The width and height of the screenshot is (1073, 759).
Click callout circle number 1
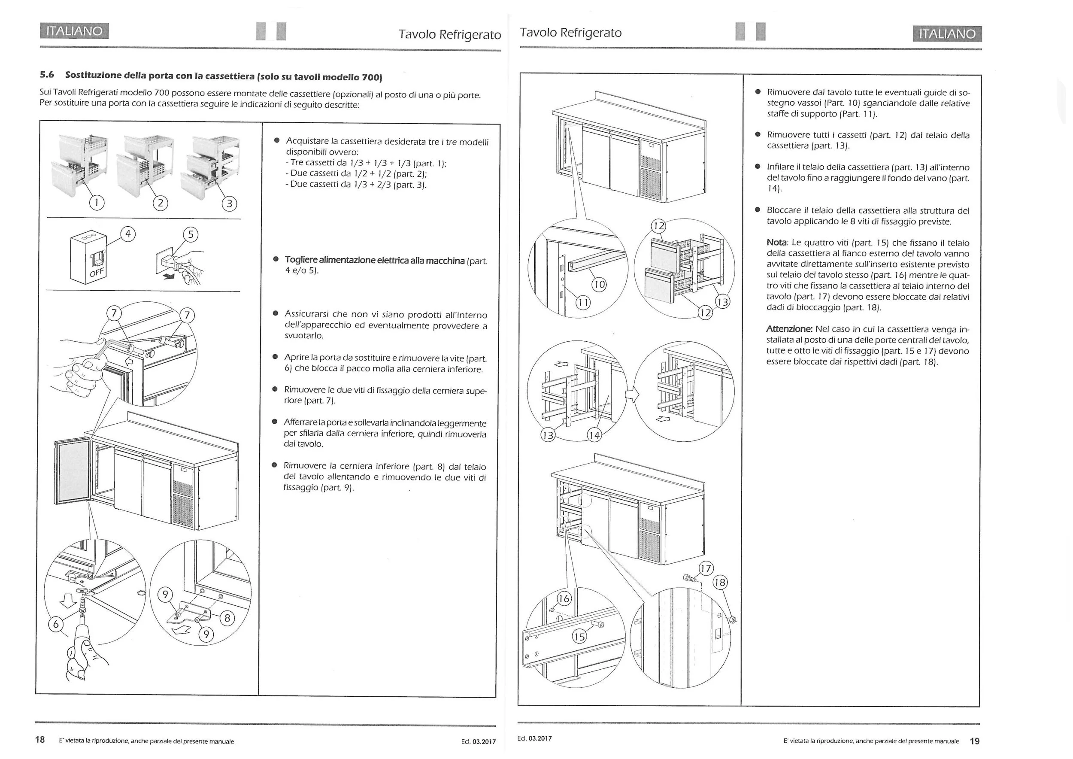click(x=97, y=202)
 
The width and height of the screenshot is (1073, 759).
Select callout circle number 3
click(x=229, y=204)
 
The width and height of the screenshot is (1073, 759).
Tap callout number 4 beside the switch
click(x=127, y=233)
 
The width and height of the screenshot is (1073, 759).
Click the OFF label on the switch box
click(x=97, y=272)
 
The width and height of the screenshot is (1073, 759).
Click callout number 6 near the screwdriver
click(x=56, y=624)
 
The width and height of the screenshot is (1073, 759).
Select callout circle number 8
click(x=227, y=618)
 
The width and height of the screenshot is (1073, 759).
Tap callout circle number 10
click(x=599, y=284)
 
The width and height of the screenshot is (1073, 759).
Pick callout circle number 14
click(x=594, y=436)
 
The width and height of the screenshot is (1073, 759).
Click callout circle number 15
click(x=579, y=637)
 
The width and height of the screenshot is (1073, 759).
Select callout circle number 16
click(x=564, y=599)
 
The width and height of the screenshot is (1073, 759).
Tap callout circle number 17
click(x=706, y=569)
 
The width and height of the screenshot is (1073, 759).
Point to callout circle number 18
click(x=720, y=582)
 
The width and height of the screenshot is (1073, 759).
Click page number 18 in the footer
click(x=40, y=739)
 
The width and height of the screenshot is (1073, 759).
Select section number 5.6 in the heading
click(x=47, y=75)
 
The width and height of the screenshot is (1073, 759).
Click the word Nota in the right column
click(x=777, y=243)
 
